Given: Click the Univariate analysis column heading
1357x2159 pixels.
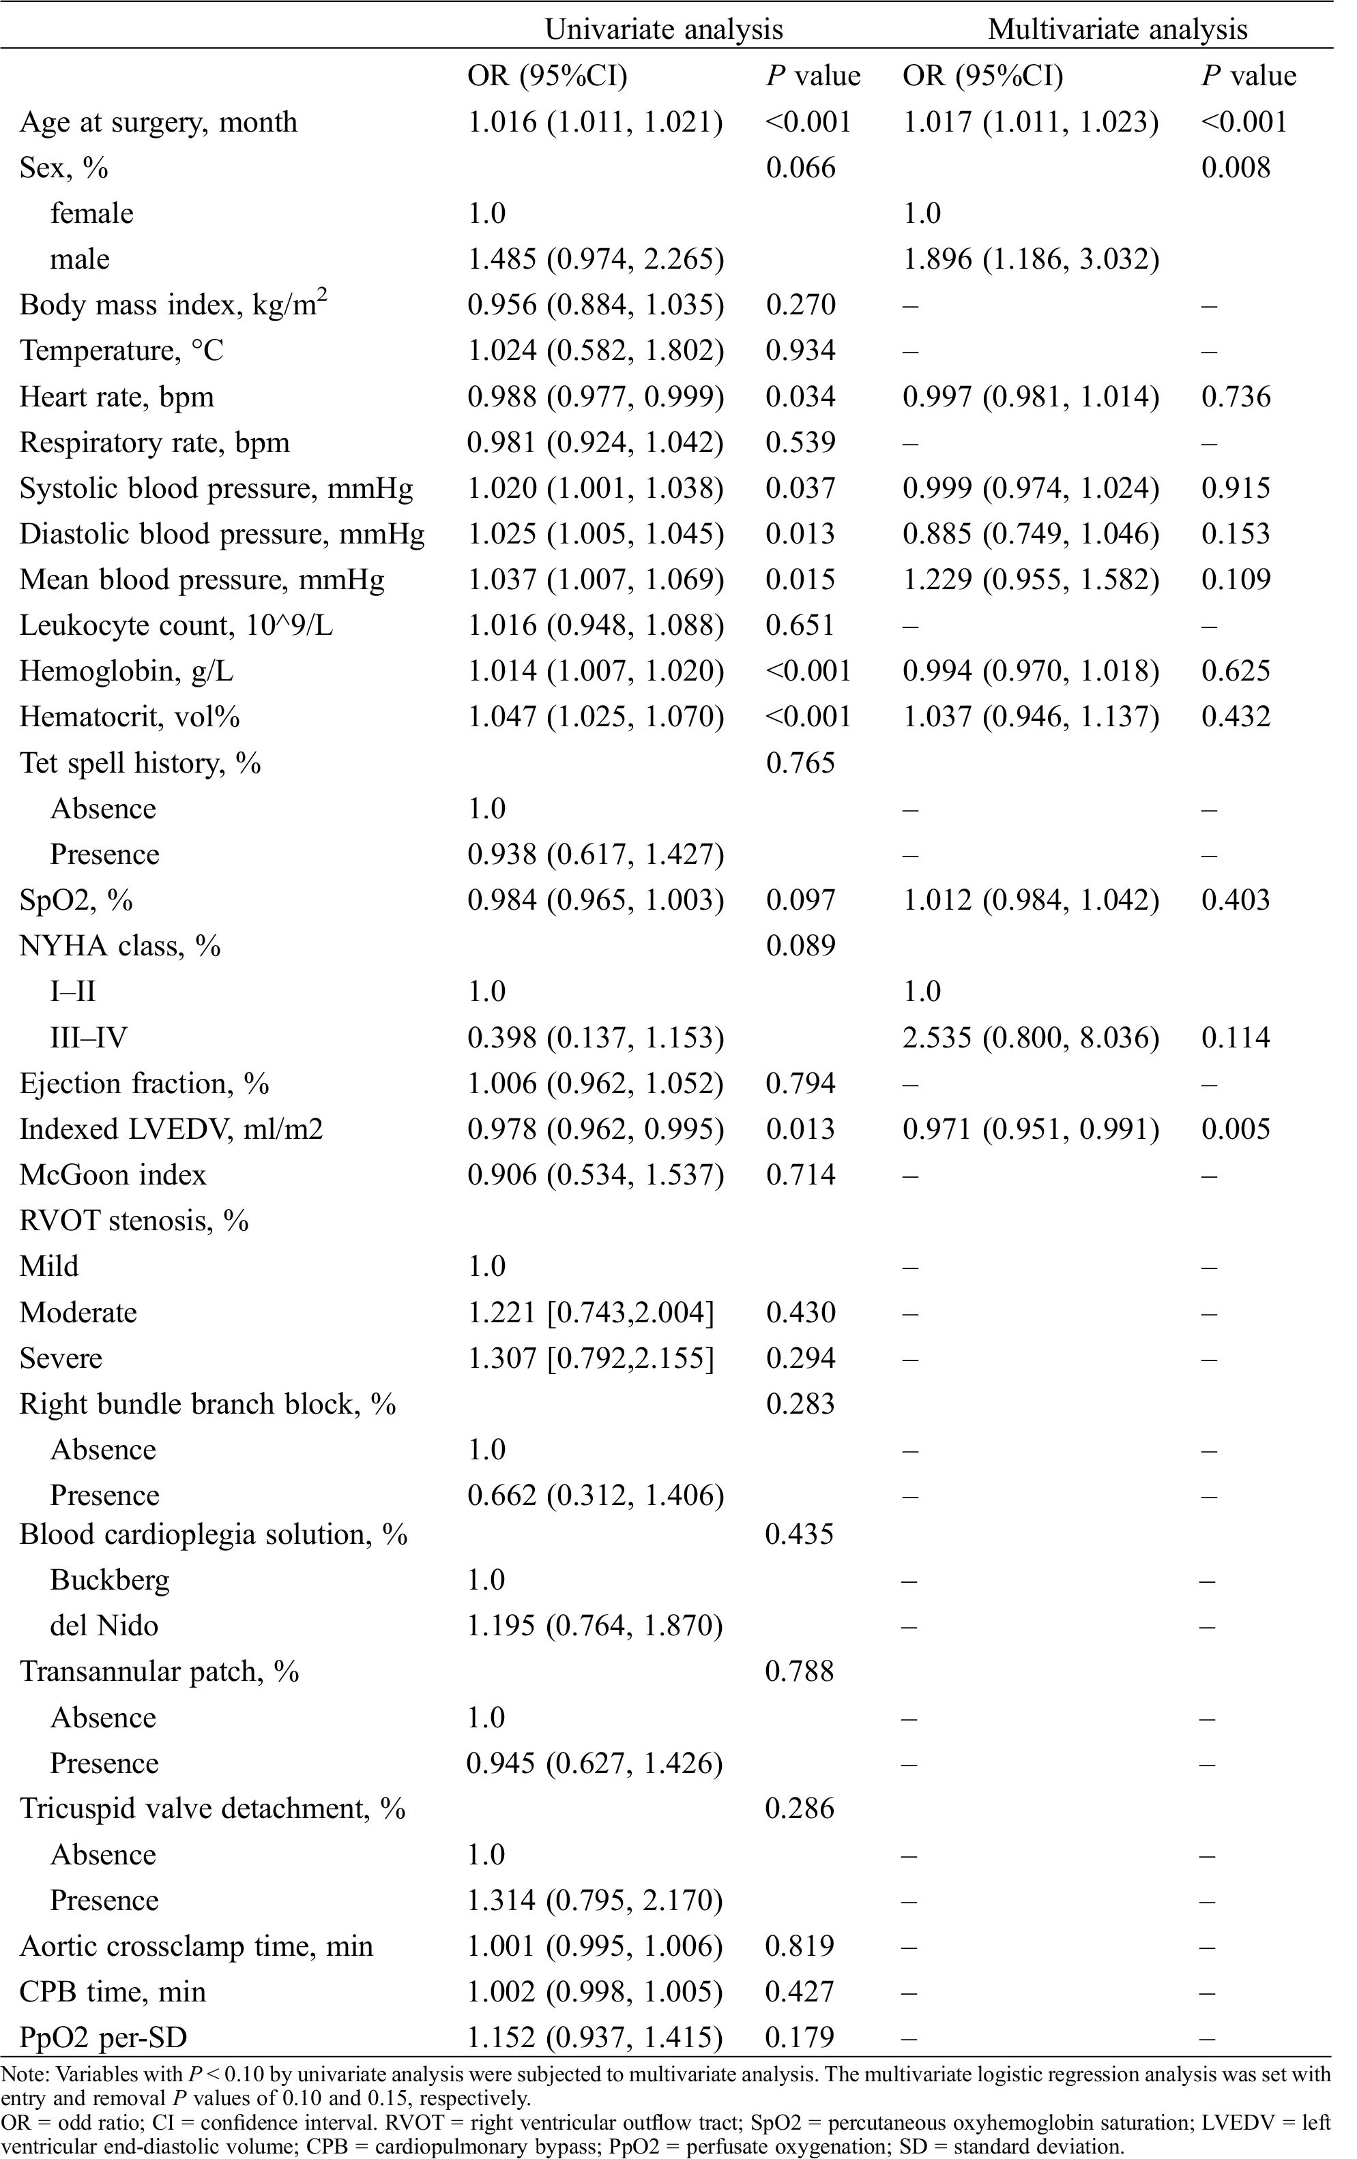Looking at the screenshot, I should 664,29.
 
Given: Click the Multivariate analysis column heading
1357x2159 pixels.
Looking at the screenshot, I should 1117,29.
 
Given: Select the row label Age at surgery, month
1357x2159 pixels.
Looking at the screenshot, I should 158,122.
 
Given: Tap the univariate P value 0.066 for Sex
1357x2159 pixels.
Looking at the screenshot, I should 800,168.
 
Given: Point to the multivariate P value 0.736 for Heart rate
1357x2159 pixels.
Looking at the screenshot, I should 1235,396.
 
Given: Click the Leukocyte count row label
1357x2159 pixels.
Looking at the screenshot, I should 176,625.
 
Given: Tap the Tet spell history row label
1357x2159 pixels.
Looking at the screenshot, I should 140,763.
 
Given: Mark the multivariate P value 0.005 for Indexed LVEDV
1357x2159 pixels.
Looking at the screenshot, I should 1235,1129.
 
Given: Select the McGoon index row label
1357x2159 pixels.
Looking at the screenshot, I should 113,1174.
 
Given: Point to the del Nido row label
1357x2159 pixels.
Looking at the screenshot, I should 104,1626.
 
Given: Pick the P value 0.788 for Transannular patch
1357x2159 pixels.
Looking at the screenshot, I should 799,1671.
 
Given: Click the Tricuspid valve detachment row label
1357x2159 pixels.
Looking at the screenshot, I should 213,1808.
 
